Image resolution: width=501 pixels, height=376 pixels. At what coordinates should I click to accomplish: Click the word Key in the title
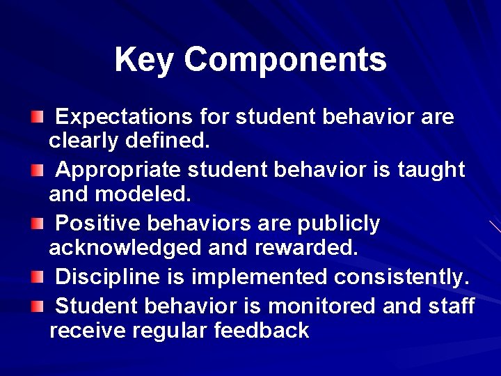tap(145, 61)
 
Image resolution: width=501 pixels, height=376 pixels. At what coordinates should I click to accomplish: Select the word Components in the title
tap(285, 61)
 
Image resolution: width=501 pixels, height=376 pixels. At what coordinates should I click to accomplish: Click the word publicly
tap(340, 224)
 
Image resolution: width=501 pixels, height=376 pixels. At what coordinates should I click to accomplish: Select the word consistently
tap(401, 277)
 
